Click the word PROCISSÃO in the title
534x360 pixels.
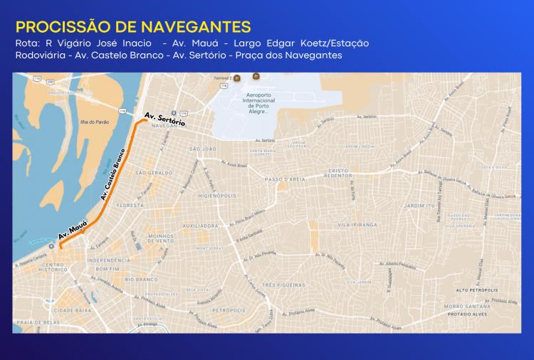[x=59, y=28]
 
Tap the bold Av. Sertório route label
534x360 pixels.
[x=164, y=119]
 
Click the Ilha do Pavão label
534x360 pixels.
[x=94, y=122]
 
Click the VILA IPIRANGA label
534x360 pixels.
[x=357, y=225]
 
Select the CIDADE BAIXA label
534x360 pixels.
[x=74, y=311]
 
